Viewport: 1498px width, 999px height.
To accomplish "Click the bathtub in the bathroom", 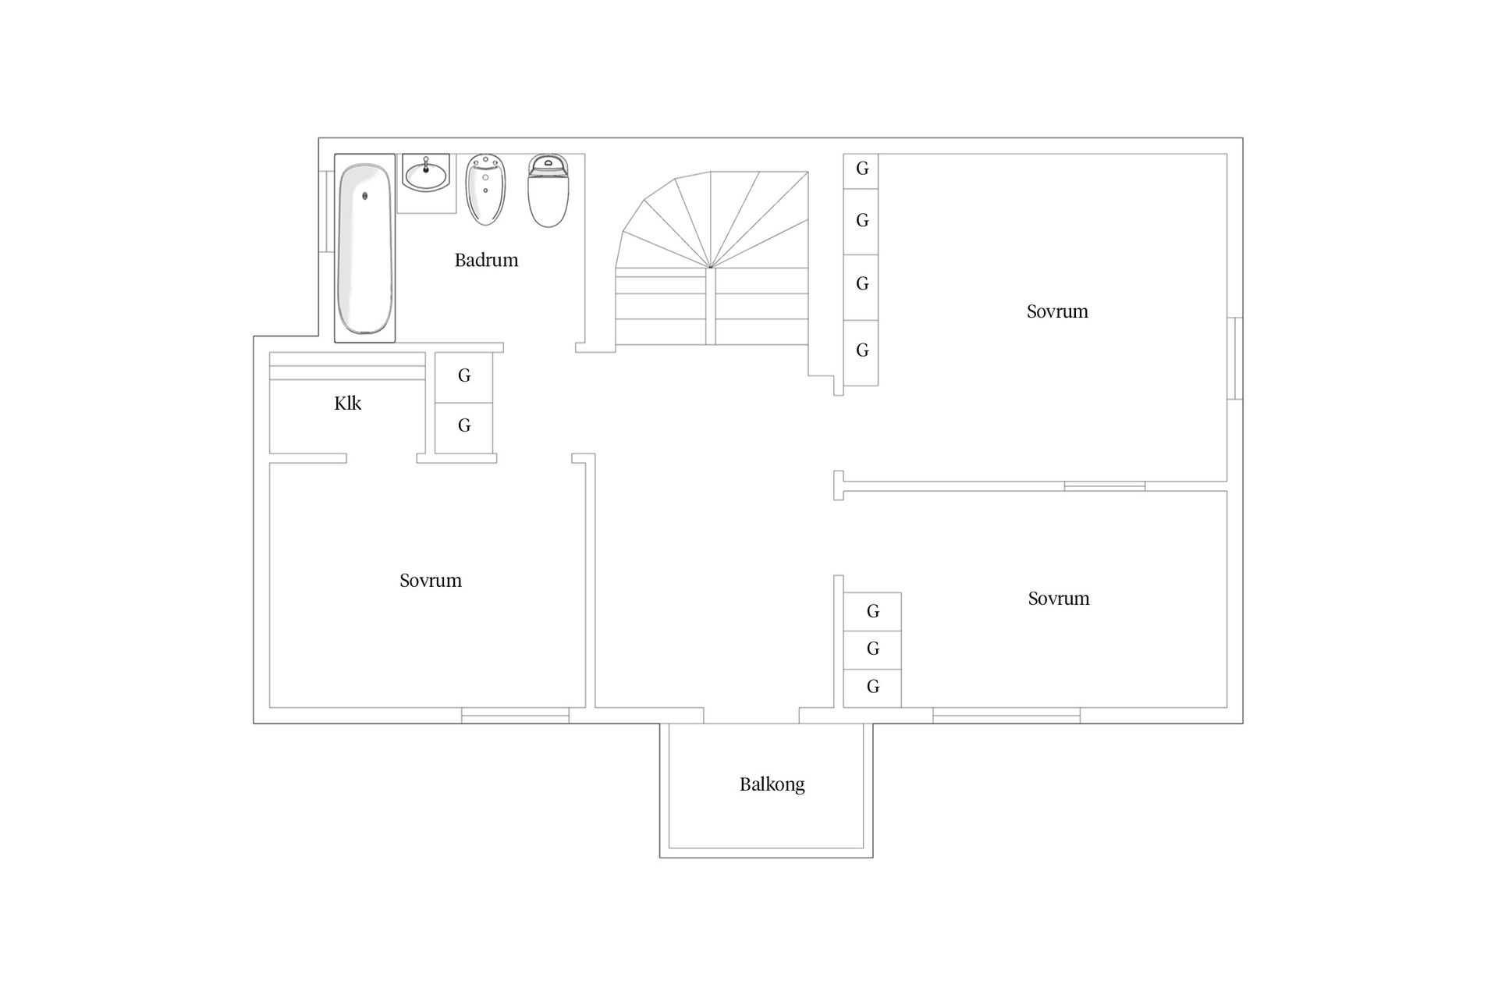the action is [x=364, y=248].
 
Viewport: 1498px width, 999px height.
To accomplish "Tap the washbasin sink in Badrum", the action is [x=426, y=172].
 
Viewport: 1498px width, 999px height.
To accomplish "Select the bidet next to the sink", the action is [x=486, y=190].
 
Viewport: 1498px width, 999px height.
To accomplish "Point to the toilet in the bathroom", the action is [x=548, y=190].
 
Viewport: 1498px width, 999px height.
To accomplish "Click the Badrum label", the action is [x=486, y=260].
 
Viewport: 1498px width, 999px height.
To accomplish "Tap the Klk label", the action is [x=347, y=404].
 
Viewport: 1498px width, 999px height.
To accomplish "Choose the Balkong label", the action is [x=772, y=784].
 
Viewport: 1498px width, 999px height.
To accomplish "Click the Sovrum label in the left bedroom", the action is [x=431, y=581].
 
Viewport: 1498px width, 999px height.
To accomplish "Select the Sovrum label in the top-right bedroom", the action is [x=1057, y=311].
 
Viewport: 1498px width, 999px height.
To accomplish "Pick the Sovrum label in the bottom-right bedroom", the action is [x=1059, y=599].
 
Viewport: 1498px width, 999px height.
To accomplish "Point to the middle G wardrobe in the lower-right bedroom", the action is [x=872, y=649].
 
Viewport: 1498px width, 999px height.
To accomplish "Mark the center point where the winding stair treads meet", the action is [x=711, y=268].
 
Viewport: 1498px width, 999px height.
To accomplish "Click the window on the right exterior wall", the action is [x=1235, y=358].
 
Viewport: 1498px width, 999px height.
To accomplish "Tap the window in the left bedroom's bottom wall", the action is [x=515, y=716].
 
